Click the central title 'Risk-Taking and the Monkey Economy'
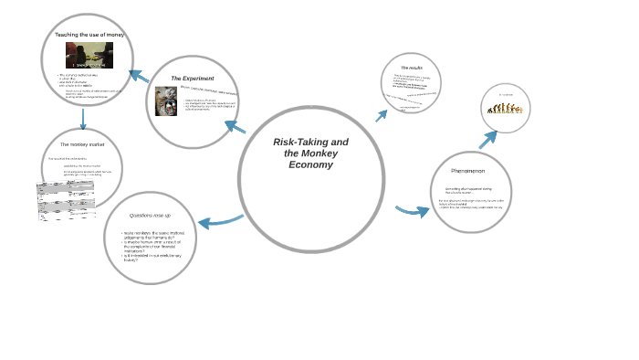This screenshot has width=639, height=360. coord(310,154)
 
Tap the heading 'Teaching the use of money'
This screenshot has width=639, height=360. coord(89,35)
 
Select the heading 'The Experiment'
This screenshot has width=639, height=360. coord(193,79)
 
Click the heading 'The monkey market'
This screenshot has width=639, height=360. coord(80,144)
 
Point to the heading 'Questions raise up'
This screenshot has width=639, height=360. coord(150,215)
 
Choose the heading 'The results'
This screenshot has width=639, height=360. coord(412,69)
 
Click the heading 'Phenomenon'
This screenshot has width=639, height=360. coord(467,171)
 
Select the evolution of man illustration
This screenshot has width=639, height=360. coord(504,108)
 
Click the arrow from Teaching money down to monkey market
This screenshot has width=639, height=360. coord(83,118)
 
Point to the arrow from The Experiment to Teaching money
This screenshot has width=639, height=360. coord(139,76)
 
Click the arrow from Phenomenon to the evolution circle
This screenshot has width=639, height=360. coord(488,140)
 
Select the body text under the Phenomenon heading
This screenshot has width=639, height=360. coord(471,198)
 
